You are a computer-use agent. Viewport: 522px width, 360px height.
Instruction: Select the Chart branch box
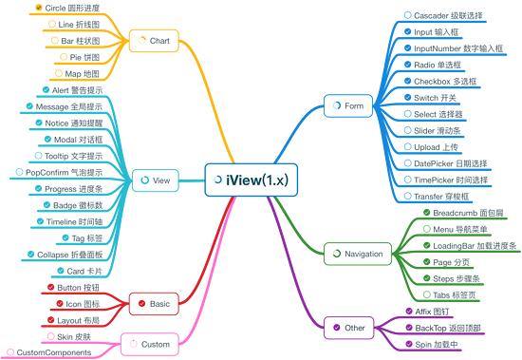point(156,41)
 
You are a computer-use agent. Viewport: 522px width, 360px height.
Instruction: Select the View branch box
point(155,179)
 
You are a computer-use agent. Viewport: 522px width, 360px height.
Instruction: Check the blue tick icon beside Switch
point(406,97)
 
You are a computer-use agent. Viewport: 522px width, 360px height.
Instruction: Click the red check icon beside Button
point(50,288)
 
